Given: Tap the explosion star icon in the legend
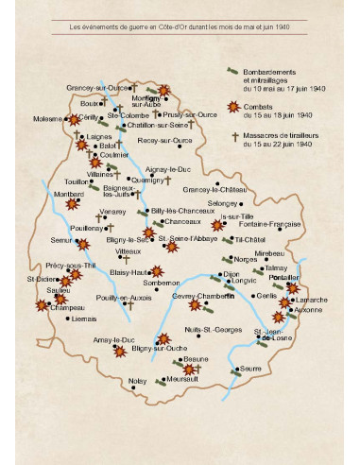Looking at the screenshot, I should pos(233,108).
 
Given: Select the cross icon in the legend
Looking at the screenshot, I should pos(232,136).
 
